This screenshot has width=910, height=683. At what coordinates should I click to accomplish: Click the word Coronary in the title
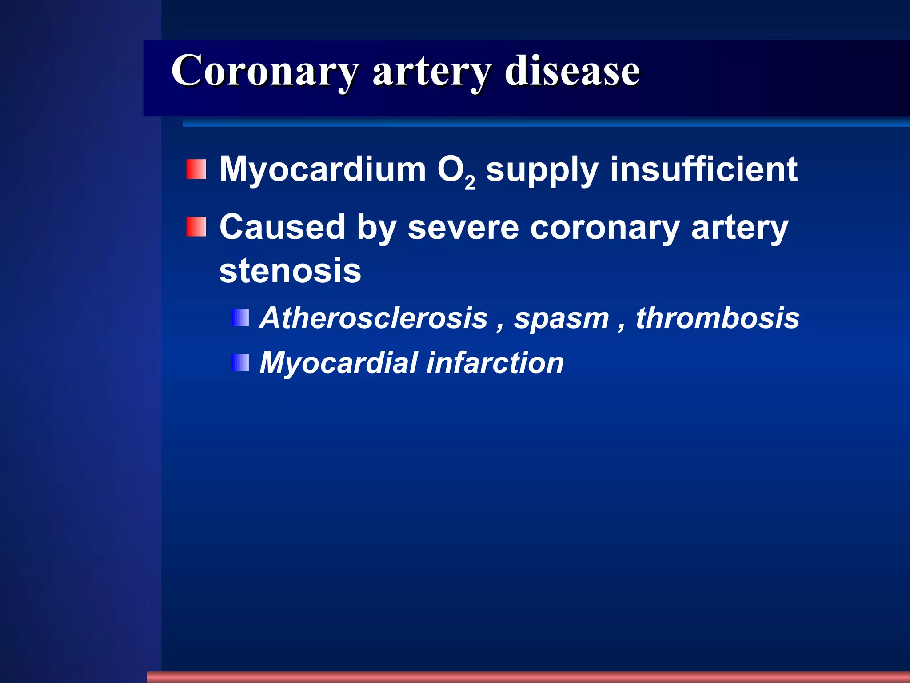point(265,71)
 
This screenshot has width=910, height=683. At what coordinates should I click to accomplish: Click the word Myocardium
point(323,170)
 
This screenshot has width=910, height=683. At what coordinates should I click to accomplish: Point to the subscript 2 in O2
point(470,183)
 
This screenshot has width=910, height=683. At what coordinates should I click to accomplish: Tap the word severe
point(463,228)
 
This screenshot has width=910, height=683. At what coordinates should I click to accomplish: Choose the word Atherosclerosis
point(374,318)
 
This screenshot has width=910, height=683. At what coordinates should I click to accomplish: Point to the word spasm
point(562,319)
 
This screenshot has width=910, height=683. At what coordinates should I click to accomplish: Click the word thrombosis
point(718,318)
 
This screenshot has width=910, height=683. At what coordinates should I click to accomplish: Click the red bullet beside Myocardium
point(196,169)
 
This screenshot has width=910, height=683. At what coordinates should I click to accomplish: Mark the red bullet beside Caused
point(196,227)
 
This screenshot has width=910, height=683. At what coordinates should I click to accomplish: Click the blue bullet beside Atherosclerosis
point(240,318)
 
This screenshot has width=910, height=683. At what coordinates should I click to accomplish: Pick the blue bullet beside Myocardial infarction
point(240,362)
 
